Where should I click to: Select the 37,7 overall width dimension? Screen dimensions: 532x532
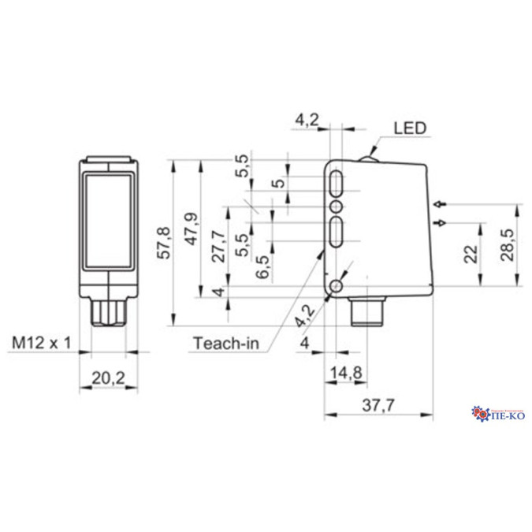[x=378, y=406]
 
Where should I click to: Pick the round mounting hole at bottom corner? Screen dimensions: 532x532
[x=339, y=285]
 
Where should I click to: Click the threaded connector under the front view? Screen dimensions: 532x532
[x=108, y=309]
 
